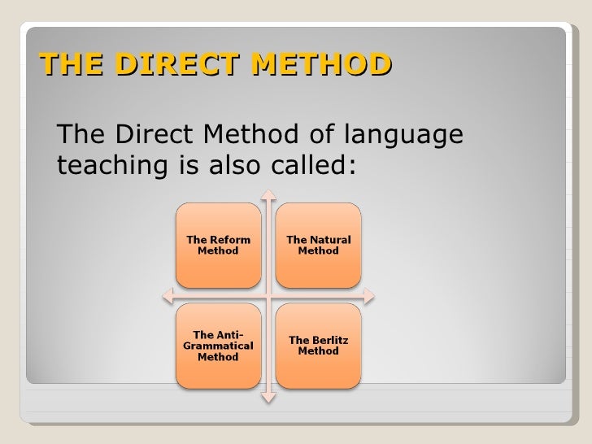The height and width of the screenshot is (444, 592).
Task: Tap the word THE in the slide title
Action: pos(66,63)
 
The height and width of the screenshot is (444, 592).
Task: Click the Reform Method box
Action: pos(218,245)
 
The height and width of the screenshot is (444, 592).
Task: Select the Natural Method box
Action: pos(318,245)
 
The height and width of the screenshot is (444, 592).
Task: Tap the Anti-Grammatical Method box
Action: pos(218,346)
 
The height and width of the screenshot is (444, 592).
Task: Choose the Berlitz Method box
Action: pos(318,346)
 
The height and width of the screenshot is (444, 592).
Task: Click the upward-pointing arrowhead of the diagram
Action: pos(269,196)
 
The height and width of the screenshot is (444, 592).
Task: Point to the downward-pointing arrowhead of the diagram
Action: pos(269,398)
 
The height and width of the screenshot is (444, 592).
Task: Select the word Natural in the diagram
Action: pos(329,240)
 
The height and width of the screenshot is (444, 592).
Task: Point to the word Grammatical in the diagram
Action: pos(218,346)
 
